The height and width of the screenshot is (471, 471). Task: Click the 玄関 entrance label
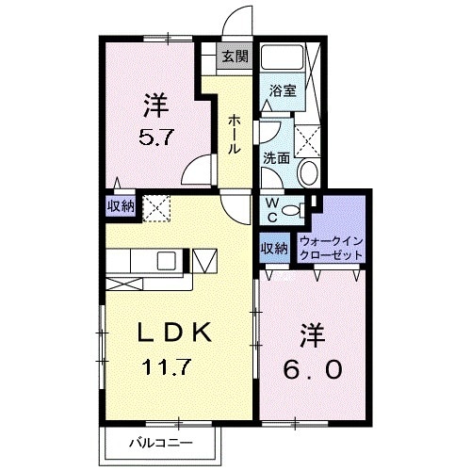(235, 57)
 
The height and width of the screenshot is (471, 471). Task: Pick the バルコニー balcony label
(160, 442)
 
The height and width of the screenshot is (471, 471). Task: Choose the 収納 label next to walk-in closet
(273, 249)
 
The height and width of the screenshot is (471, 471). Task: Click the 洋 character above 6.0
(313, 333)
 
